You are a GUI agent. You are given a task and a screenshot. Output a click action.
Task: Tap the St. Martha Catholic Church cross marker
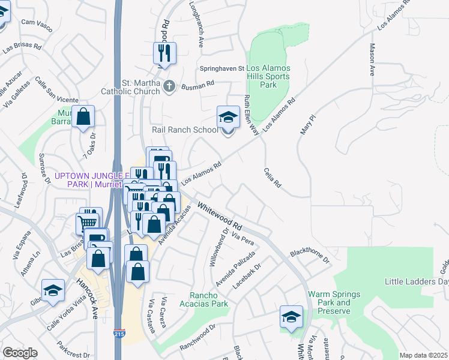click(x=169, y=86)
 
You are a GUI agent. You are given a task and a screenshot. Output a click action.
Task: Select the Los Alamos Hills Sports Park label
click(x=268, y=76)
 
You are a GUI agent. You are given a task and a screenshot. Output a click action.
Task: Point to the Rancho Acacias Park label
click(x=208, y=299)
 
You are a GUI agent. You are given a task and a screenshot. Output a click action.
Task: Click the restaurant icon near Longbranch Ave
click(x=164, y=53)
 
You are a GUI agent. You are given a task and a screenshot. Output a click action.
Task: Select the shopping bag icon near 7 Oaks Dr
click(x=83, y=117)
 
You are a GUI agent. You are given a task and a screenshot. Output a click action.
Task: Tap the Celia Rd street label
click(x=272, y=178)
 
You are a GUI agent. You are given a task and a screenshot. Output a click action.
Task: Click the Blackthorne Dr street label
click(x=310, y=256)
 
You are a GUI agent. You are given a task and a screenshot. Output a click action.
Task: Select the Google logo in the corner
click(x=20, y=353)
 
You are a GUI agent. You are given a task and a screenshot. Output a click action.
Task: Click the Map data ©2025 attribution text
click(x=423, y=355)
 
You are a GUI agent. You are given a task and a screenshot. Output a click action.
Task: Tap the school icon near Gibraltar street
click(x=53, y=290)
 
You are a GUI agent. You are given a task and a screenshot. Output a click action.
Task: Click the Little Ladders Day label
click(x=417, y=281)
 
